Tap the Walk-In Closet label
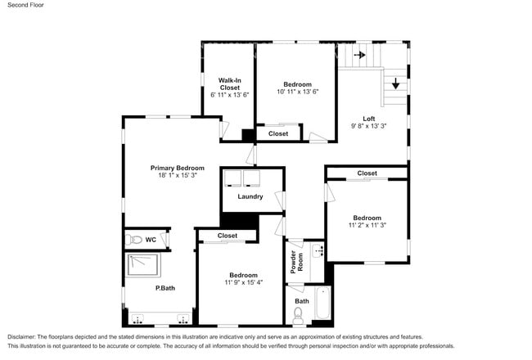229,83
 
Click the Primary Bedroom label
177,168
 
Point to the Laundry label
250,196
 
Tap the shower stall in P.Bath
145,263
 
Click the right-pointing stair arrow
359,56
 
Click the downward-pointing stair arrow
395,83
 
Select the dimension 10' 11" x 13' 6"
297,92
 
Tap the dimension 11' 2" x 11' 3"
367,225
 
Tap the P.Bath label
165,288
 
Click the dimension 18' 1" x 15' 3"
177,176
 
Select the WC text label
151,240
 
